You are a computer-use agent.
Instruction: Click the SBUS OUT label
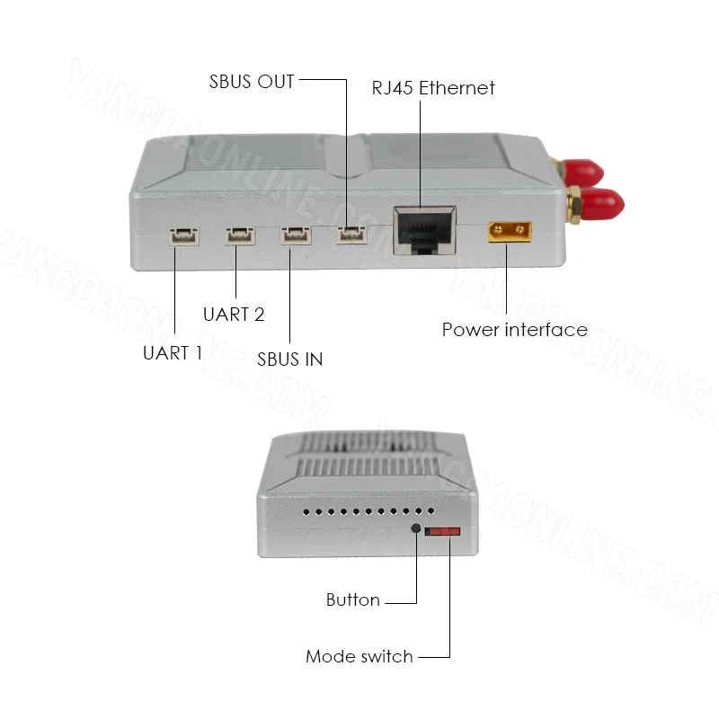(x=252, y=82)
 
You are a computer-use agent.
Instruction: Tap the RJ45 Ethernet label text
(x=433, y=87)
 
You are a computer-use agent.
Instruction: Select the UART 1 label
(x=173, y=353)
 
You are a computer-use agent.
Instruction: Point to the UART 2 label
(x=234, y=315)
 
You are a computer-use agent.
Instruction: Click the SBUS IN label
(x=289, y=359)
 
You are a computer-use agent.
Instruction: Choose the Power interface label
(x=514, y=330)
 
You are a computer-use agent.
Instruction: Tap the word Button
(x=353, y=599)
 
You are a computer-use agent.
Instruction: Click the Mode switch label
(x=359, y=656)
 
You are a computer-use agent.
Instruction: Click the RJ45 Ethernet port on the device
(x=424, y=230)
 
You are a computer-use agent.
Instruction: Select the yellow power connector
(x=510, y=232)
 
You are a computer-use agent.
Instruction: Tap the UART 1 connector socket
(x=184, y=236)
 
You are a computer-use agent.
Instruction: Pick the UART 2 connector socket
(x=240, y=235)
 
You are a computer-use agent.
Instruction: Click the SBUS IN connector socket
(x=296, y=235)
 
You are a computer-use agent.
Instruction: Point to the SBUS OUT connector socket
(x=351, y=235)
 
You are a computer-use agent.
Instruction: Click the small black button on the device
(x=416, y=528)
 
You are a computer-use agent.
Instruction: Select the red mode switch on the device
(x=442, y=531)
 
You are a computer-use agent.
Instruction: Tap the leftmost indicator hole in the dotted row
(x=306, y=511)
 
